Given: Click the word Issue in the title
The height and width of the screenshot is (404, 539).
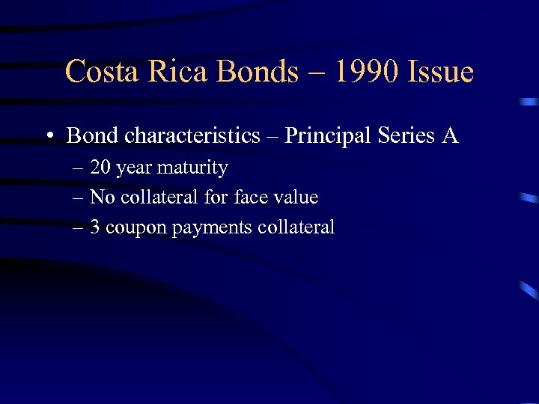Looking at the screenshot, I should tap(442, 72).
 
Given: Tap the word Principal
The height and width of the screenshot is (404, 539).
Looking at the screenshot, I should tap(323, 135).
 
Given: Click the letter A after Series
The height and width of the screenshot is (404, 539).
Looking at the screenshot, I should tap(450, 135).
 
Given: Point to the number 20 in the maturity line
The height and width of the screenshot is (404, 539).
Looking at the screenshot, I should tap(101, 168).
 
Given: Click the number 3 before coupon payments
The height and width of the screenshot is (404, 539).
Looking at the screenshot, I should tap(95, 227).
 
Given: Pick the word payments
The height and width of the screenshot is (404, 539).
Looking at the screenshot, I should tap(212, 228).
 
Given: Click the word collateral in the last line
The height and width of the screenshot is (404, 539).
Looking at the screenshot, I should tap(296, 227).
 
